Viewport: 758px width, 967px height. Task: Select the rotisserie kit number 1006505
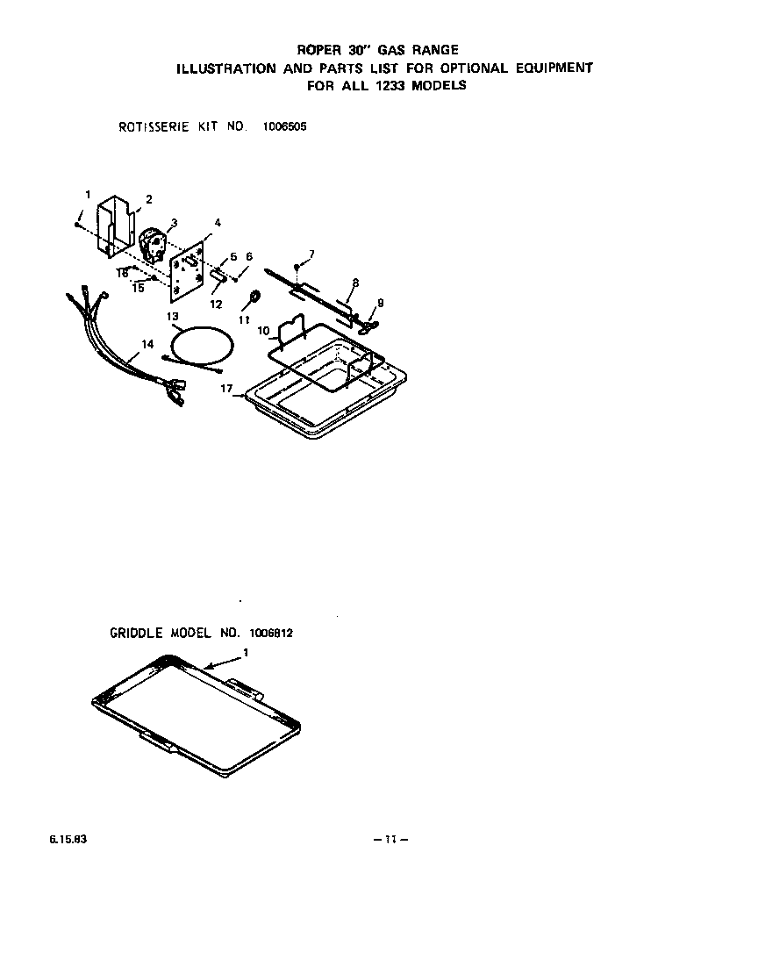[x=284, y=127]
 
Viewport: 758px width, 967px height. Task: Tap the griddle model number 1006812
[x=271, y=633]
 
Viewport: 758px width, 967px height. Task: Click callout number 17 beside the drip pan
[x=226, y=389]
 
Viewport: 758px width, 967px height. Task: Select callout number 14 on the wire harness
[x=147, y=344]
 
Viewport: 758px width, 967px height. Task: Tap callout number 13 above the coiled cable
[x=173, y=317]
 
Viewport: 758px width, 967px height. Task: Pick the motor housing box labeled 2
[x=115, y=226]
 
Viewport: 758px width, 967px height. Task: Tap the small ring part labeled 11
[x=254, y=297]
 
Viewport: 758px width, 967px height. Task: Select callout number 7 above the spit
[x=312, y=254]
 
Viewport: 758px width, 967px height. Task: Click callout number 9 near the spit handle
[x=381, y=303]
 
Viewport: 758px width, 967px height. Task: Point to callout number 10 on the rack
[x=263, y=331]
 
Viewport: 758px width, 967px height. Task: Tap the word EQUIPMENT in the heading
[x=554, y=68]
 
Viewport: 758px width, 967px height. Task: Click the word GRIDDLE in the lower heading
[x=136, y=633]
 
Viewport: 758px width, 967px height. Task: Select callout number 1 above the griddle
[x=247, y=653]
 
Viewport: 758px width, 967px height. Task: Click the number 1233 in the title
[x=389, y=86]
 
